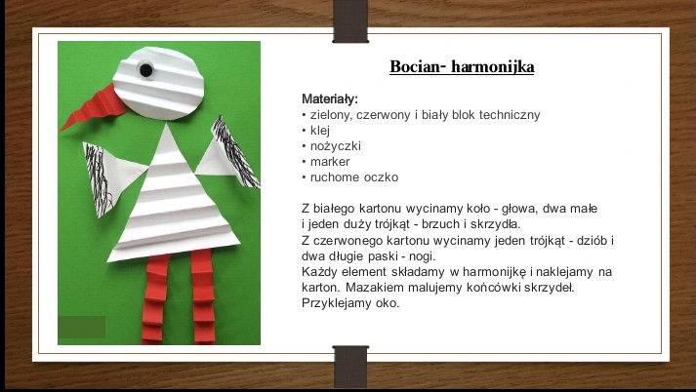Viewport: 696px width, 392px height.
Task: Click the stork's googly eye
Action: click(145, 69)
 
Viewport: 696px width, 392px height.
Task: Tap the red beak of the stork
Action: click(96, 106)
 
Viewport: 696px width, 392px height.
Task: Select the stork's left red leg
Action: click(154, 299)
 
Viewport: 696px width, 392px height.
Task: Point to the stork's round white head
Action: click(159, 83)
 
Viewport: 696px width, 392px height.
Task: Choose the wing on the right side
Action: click(227, 153)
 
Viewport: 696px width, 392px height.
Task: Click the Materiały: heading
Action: click(330, 98)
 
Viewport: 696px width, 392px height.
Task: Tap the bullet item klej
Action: click(320, 131)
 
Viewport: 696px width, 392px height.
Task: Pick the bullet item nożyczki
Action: click(336, 146)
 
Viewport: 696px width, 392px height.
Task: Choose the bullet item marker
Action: click(330, 162)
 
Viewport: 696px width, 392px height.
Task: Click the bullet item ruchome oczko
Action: click(354, 177)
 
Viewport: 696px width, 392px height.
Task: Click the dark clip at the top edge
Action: click(350, 21)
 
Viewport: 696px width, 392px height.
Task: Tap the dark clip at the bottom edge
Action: click(350, 368)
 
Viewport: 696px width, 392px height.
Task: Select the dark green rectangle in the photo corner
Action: click(82, 328)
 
